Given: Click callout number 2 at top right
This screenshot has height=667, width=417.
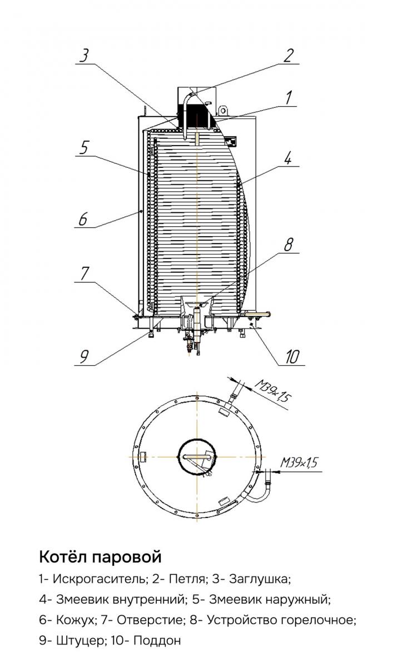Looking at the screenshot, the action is click(x=288, y=56).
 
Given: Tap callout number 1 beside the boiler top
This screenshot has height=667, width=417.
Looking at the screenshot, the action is click(x=288, y=98).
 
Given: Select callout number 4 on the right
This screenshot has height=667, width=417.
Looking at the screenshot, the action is click(x=287, y=157).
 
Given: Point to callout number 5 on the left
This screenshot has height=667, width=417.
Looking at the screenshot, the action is click(x=85, y=147).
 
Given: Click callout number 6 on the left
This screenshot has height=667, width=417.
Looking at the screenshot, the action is click(x=83, y=219).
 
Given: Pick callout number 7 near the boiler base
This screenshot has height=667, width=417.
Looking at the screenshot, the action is click(x=85, y=273).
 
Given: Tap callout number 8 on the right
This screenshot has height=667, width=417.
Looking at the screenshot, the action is click(x=288, y=245).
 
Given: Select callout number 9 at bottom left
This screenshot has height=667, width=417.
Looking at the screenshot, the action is click(x=85, y=356).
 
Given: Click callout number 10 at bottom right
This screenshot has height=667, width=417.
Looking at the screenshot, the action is click(x=292, y=356).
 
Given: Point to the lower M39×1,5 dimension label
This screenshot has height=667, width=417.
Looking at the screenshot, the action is click(x=299, y=462).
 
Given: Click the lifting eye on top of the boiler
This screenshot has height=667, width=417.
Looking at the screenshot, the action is click(x=223, y=111).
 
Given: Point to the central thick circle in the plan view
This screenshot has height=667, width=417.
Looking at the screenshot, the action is click(x=197, y=456).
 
